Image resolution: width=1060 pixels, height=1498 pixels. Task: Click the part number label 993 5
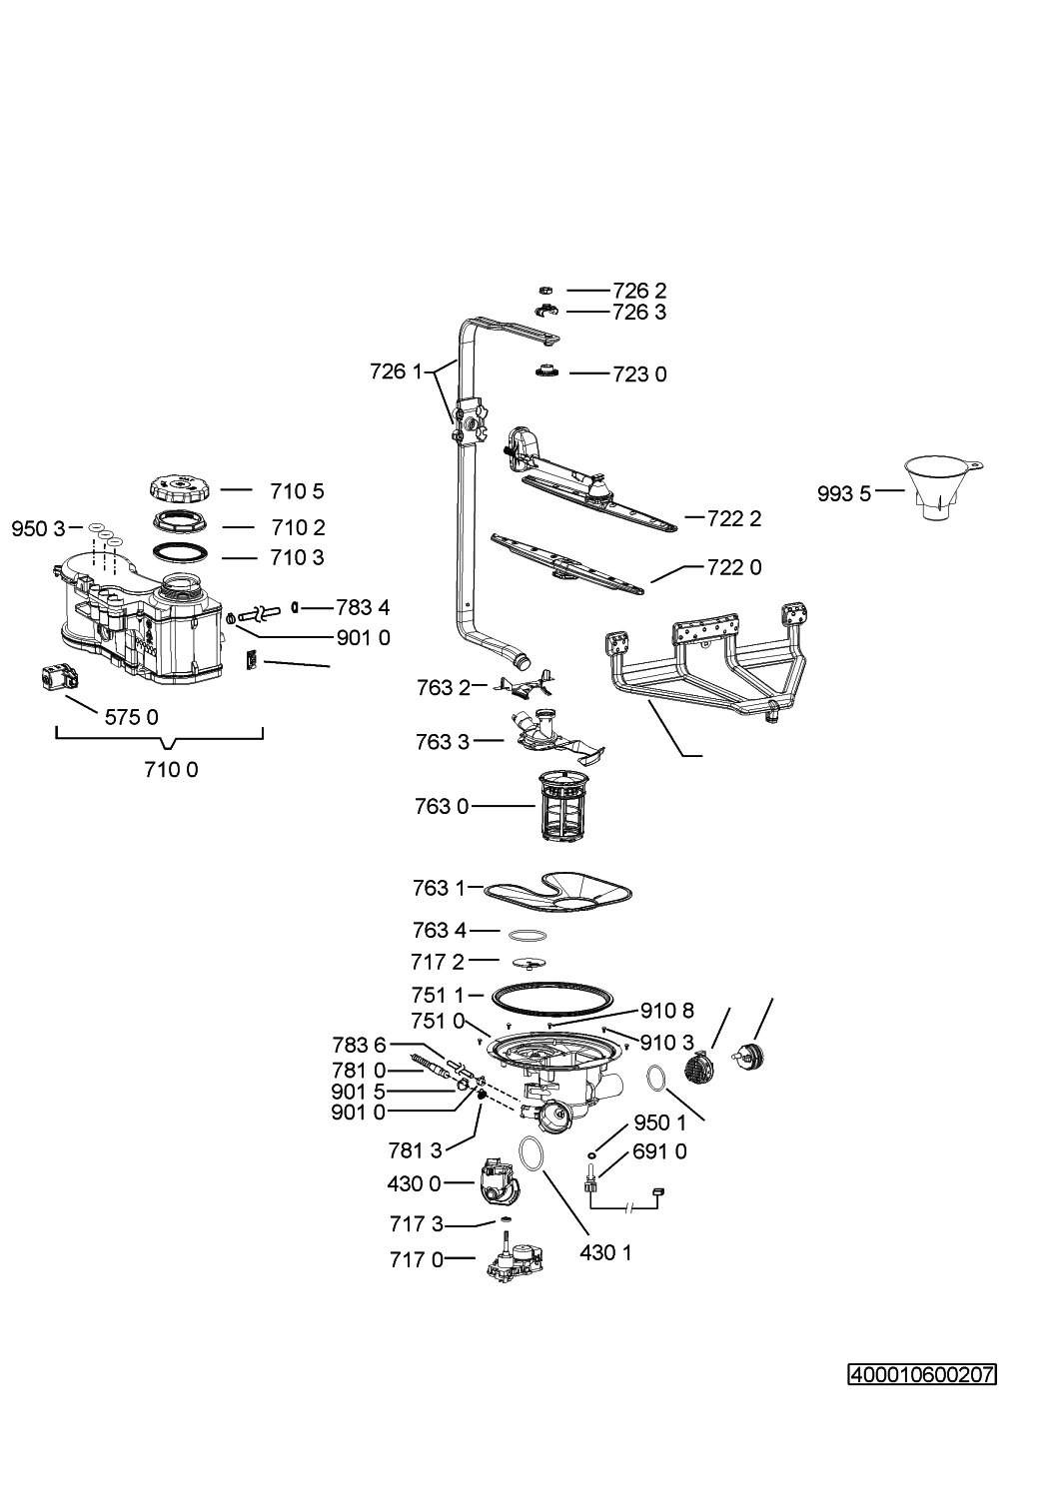[x=844, y=493]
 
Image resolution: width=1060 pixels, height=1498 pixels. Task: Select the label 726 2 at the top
[x=639, y=291]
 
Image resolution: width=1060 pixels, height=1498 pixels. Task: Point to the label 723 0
[x=639, y=374]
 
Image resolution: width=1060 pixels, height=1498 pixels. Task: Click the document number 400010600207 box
[x=922, y=1375]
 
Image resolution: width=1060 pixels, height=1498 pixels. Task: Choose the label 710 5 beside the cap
[x=297, y=491]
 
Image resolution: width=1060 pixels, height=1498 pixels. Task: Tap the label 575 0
[x=132, y=716]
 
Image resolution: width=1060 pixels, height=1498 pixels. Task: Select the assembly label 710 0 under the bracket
[x=171, y=769]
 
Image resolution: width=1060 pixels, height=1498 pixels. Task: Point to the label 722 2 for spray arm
[x=734, y=518]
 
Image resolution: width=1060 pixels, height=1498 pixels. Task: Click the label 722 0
[x=734, y=567]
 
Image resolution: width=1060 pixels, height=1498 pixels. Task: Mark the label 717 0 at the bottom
[x=417, y=1260]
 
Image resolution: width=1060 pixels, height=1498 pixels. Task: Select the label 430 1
[x=605, y=1252]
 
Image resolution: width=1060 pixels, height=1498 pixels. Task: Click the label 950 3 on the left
[x=39, y=528]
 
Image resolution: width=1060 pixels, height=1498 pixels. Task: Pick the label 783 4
[x=363, y=607]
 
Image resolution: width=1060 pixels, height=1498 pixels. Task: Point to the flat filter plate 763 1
[x=559, y=890]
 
